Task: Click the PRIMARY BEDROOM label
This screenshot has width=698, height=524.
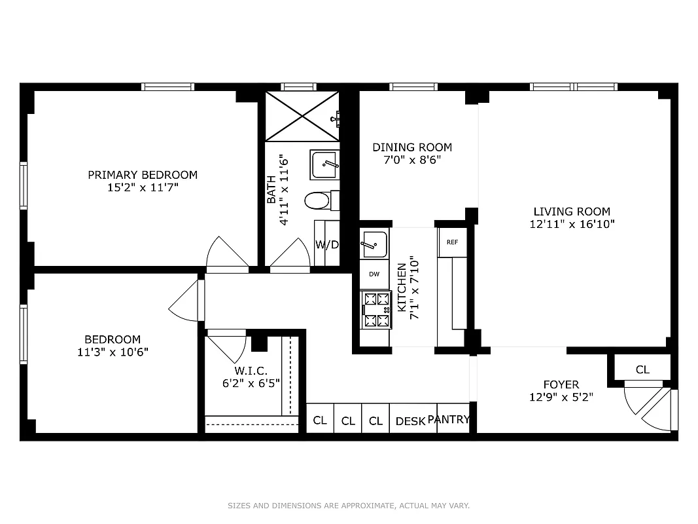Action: (143, 175)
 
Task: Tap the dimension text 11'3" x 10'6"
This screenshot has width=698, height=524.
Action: (113, 352)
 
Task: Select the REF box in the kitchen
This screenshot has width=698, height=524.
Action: (452, 242)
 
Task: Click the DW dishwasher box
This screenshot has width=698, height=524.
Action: (374, 274)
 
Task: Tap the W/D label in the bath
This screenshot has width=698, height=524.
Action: (327, 245)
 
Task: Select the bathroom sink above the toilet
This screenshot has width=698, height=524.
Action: (324, 164)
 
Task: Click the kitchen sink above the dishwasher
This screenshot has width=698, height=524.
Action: (374, 244)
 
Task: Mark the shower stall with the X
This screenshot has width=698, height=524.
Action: (302, 116)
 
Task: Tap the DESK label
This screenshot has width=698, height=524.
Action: (410, 421)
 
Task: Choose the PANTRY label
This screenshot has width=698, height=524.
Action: (449, 420)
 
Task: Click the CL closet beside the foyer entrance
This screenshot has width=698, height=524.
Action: (642, 369)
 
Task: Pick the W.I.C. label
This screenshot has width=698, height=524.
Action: (251, 371)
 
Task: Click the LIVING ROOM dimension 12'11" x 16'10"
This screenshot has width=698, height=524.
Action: (572, 224)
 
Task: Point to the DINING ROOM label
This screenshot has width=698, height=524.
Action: (412, 147)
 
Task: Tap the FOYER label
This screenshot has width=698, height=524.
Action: (561, 384)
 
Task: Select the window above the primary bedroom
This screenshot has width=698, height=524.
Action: (167, 86)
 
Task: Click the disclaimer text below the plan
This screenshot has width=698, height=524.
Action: (349, 506)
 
